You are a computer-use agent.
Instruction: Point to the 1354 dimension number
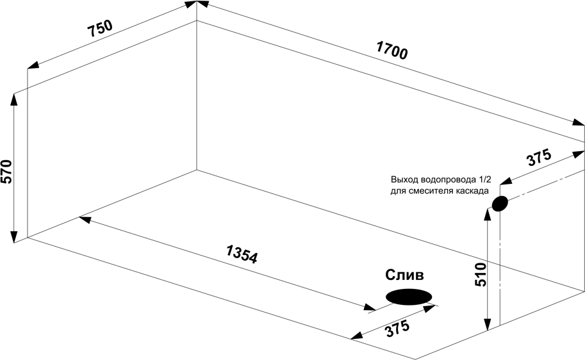coord(241,254)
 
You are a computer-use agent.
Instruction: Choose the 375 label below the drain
coord(397,330)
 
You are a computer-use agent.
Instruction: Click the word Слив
coord(404,275)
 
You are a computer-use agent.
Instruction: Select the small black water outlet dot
coord(499,204)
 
